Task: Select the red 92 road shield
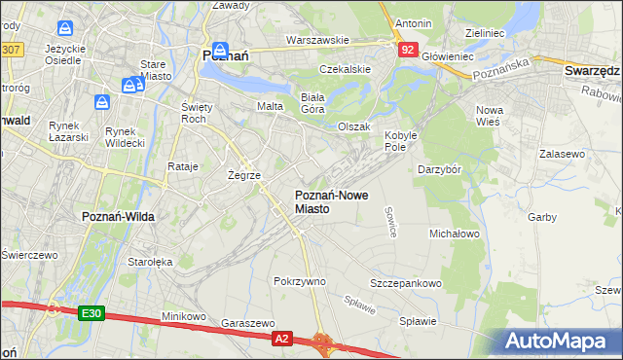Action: (409, 49)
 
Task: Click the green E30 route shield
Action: (92, 312)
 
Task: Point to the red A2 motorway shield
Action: (281, 338)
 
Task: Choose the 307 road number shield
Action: (10, 49)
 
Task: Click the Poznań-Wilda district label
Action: (115, 216)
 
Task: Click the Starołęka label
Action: (150, 262)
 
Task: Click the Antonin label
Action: (413, 22)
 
